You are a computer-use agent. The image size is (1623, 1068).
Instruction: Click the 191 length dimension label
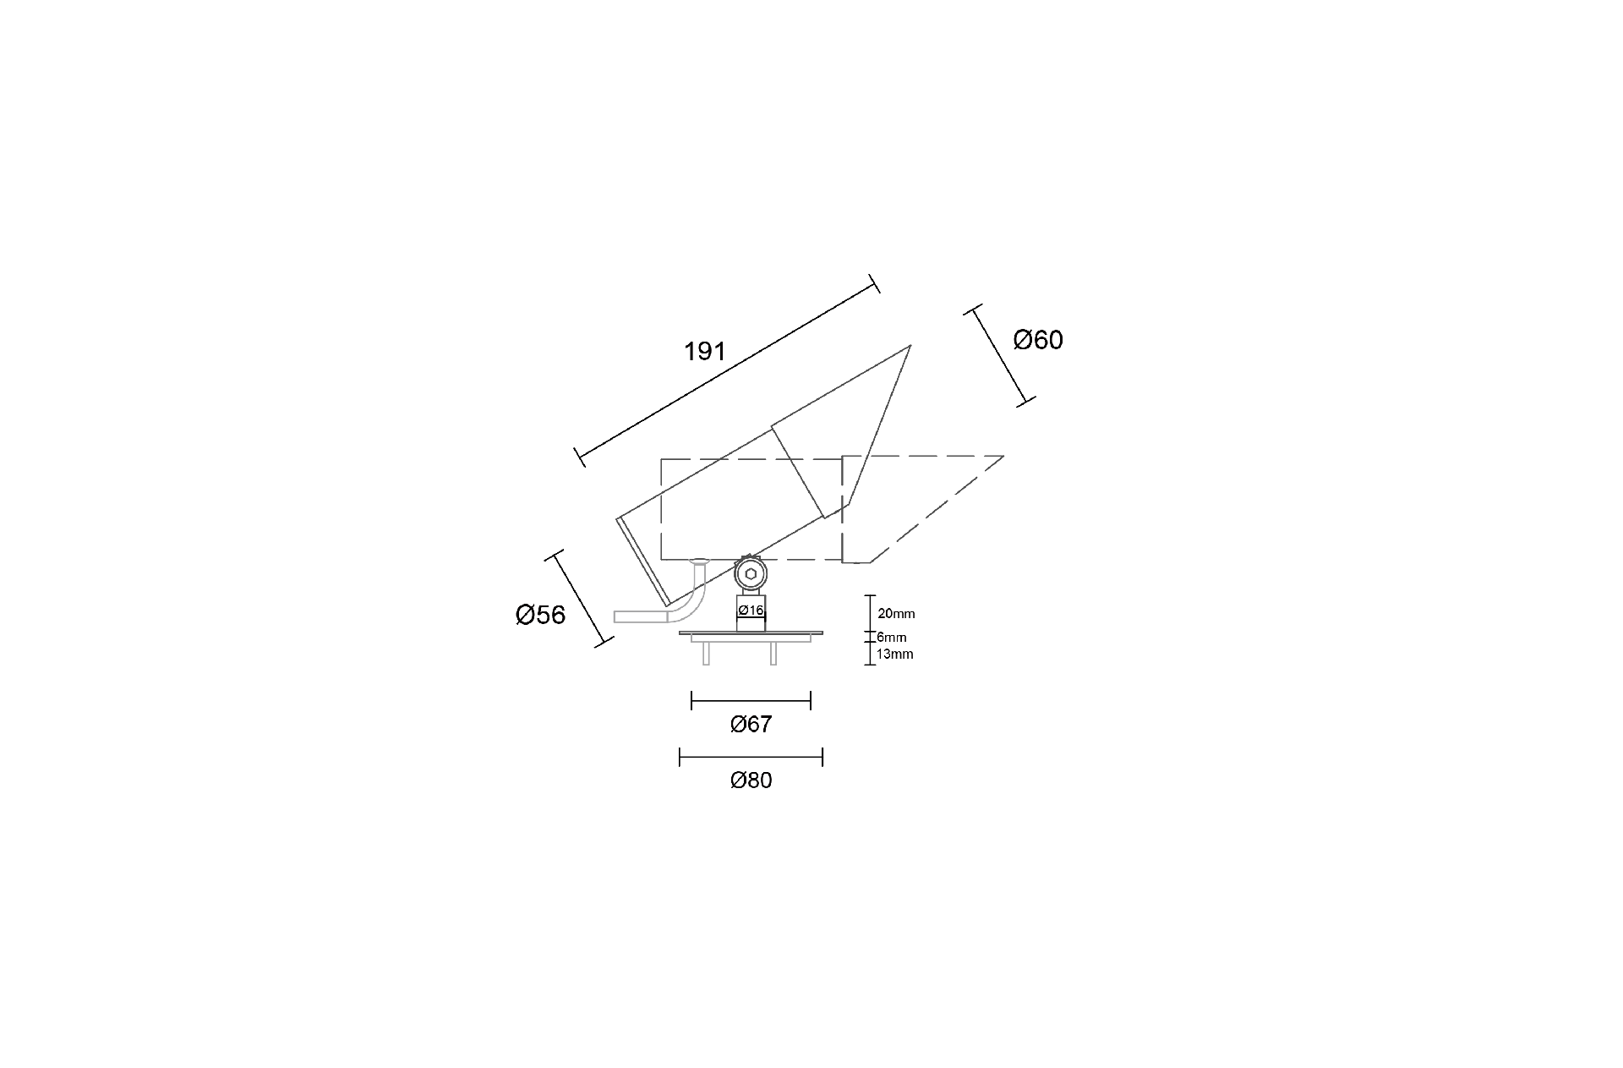(705, 352)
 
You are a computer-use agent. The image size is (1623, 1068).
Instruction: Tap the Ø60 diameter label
(1038, 340)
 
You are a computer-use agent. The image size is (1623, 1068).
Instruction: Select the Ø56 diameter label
(540, 615)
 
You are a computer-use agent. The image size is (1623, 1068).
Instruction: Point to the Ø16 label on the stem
(751, 611)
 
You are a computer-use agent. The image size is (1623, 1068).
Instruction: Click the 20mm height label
(896, 614)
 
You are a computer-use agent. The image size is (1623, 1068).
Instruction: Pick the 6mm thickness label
(891, 637)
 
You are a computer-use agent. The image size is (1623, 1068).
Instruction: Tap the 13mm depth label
(895, 654)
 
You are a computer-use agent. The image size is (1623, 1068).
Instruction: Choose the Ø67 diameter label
(751, 724)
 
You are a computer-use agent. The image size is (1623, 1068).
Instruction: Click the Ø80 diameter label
(751, 780)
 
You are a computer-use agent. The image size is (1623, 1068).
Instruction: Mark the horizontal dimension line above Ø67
(751, 700)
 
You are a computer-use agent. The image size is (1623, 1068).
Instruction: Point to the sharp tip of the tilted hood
(910, 345)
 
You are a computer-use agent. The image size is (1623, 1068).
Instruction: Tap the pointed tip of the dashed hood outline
(1003, 457)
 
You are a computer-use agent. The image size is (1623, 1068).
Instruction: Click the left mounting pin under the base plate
(706, 653)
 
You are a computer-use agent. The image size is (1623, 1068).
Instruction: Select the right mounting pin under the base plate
(773, 653)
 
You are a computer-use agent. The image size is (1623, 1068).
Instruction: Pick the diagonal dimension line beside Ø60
(1001, 356)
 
